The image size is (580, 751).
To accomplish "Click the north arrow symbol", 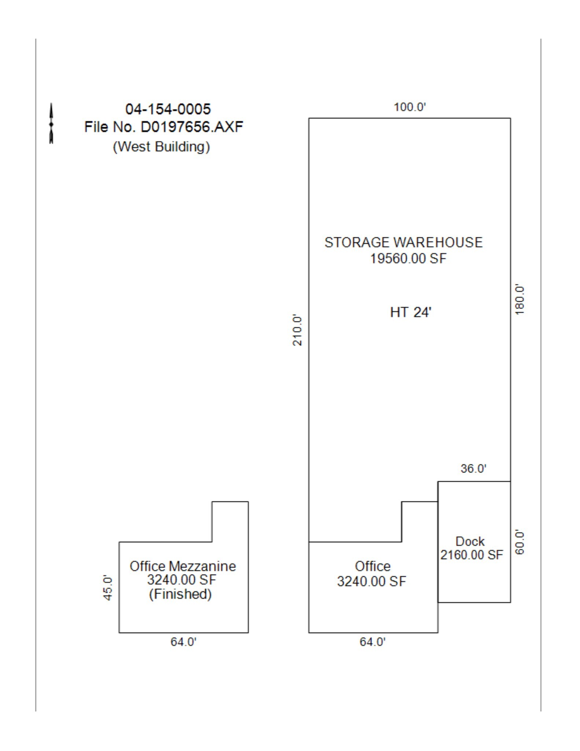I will pyautogui.click(x=51, y=124).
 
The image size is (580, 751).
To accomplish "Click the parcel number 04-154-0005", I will pyautogui.click(x=168, y=109).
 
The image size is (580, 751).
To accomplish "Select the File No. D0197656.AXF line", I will pyautogui.click(x=164, y=127).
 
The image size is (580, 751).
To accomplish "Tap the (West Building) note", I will pyautogui.click(x=162, y=146).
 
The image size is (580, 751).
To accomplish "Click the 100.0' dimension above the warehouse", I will pyautogui.click(x=410, y=107).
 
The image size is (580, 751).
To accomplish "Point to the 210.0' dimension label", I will pyautogui.click(x=298, y=330).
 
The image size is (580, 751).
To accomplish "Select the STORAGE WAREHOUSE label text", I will pyautogui.click(x=403, y=242).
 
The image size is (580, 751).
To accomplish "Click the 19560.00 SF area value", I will pyautogui.click(x=408, y=259).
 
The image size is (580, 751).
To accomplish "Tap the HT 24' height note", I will pyautogui.click(x=411, y=312).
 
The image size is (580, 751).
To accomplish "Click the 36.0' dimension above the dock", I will pyautogui.click(x=473, y=468).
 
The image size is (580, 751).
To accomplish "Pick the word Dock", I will pyautogui.click(x=470, y=541).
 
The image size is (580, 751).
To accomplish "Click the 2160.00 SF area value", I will pyautogui.click(x=472, y=555).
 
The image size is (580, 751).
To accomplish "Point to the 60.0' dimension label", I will pyautogui.click(x=520, y=542).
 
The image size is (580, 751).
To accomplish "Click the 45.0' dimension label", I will pyautogui.click(x=108, y=587).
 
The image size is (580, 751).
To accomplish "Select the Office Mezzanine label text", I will pyautogui.click(x=182, y=566).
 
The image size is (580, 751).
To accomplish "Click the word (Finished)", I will pyautogui.click(x=180, y=594).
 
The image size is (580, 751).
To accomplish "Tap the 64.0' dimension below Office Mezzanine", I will pyautogui.click(x=184, y=642).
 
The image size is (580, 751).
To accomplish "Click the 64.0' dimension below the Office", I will pyautogui.click(x=373, y=642).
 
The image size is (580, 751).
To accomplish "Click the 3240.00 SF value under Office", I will pyautogui.click(x=372, y=581).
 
